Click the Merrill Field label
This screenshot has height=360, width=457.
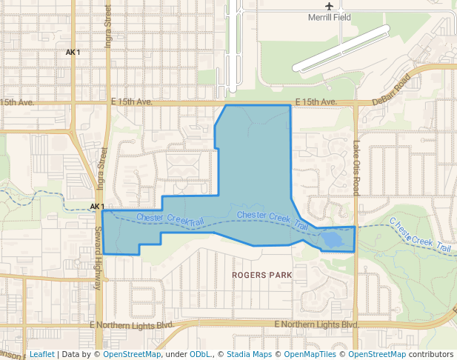tap(330, 17)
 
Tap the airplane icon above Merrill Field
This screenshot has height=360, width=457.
tap(330, 6)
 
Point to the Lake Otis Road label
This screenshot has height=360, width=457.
tap(356, 167)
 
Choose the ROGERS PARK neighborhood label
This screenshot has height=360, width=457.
tap(261, 275)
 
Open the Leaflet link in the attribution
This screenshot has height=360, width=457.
tap(41, 354)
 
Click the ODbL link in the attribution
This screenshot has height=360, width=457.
tap(199, 354)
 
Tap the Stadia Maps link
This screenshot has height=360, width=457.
tap(248, 354)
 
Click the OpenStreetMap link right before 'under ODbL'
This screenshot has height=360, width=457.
tap(131, 354)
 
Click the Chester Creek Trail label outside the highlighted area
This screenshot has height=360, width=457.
tap(420, 235)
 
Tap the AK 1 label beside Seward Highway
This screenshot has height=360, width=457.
tap(97, 207)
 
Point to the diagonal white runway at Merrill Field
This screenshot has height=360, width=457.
tap(341, 49)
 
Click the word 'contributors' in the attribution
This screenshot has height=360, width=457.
tap(430, 354)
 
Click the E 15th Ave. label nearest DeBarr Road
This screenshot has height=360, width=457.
tap(316, 101)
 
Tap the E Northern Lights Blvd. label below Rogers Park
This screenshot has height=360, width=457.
tap(316, 325)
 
